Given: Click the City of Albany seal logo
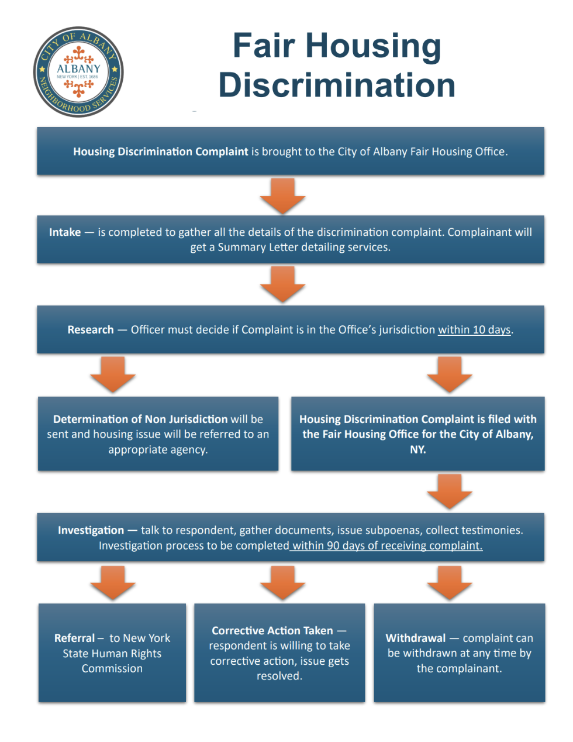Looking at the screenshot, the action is point(78,72).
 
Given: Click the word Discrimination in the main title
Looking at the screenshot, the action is point(337,85).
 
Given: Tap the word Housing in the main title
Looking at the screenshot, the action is point(373,46).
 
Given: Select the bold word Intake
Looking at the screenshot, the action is point(65,232).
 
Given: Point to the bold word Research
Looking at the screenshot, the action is point(91,329).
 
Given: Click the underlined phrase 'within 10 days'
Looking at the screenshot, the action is point(474,330).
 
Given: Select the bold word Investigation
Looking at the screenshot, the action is point(91,530).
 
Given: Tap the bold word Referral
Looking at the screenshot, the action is point(74,638).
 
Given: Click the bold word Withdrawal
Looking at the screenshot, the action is point(415,638).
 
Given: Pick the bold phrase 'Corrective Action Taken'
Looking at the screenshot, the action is point(272,630).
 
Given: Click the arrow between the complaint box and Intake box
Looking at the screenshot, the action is point(283,195).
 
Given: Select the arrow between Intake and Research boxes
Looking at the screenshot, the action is point(283,284).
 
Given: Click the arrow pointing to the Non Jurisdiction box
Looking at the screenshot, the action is point(113,375).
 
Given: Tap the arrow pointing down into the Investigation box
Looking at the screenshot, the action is point(450,492).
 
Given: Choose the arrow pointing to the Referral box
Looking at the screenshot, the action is point(113,583).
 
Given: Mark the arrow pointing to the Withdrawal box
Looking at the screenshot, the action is point(450,583).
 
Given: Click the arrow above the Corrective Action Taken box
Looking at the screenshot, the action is point(283,583).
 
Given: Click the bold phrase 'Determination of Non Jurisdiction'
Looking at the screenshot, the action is point(140,419).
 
